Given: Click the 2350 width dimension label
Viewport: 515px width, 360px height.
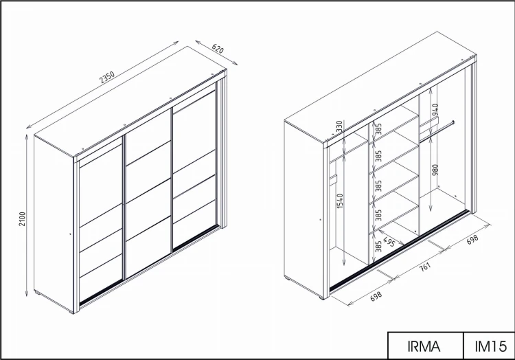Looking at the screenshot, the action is tap(107, 77).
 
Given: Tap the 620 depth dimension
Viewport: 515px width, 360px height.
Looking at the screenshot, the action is tap(218, 49).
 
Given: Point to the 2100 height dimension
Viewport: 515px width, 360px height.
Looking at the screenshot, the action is tap(22, 218).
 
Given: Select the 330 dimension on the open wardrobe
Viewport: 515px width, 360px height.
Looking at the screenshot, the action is tap(340, 126).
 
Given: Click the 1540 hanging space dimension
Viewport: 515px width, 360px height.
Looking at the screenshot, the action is tap(340, 201).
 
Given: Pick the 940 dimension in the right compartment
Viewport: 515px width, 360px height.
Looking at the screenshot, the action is tap(435, 110).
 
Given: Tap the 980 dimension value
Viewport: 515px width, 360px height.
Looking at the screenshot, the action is tap(435, 170).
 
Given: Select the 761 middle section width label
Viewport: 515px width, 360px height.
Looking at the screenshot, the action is tap(425, 266).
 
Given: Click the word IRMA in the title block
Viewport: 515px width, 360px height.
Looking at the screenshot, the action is tap(424, 346).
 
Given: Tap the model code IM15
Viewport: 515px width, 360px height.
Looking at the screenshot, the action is tap(491, 346).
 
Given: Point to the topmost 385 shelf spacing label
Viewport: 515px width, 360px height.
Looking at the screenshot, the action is tap(378, 129).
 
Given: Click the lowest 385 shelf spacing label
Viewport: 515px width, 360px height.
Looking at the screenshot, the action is tap(378, 247).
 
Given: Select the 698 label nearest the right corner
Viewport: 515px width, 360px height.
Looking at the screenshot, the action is tap(472, 240).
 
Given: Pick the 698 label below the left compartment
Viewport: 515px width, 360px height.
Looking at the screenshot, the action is tap(376, 295).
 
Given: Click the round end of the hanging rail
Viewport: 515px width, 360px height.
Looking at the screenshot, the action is tap(453, 122).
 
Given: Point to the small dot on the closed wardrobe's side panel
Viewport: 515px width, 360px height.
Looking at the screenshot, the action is tap(70, 234).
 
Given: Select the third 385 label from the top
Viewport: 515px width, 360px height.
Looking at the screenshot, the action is tap(378, 185).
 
